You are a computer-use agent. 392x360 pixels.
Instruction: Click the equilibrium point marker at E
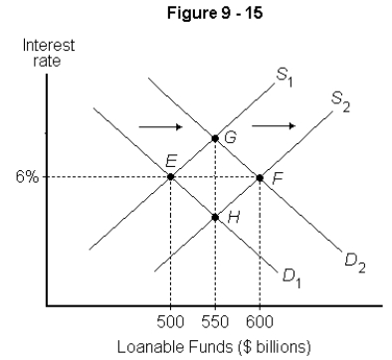(171, 177)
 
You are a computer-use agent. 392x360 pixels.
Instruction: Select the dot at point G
(215, 136)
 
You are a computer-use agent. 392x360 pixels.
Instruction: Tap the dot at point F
(260, 177)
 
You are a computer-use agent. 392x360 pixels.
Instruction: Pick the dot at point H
(215, 216)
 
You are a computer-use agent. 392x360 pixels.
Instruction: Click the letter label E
(172, 160)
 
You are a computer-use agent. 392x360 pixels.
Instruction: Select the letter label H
(232, 216)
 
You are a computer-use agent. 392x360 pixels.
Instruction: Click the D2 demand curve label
(353, 261)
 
